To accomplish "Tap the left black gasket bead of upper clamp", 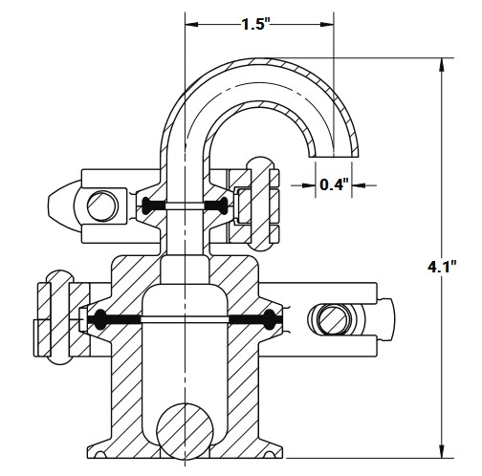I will [146, 205].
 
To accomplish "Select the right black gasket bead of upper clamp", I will [223, 205].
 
